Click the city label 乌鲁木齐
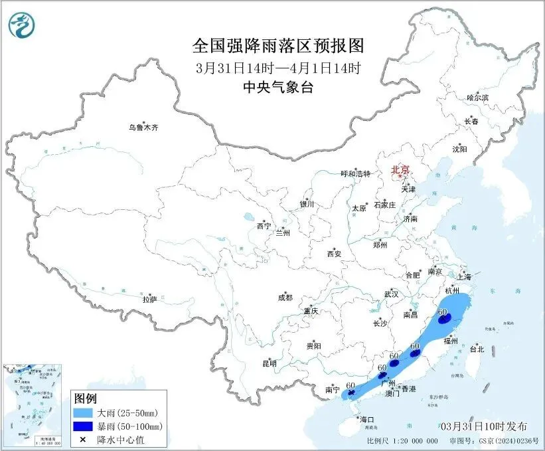pyautogui.click(x=144, y=128)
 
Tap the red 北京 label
pyautogui.click(x=401, y=169)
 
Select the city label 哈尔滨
pyautogui.click(x=477, y=98)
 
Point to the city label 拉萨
pyautogui.click(x=149, y=300)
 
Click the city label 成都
pyautogui.click(x=285, y=298)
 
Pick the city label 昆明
pyautogui.click(x=269, y=363)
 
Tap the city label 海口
pyautogui.click(x=366, y=420)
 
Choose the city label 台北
pyautogui.click(x=477, y=349)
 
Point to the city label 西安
pyautogui.click(x=334, y=254)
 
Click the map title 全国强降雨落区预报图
pyautogui.click(x=278, y=46)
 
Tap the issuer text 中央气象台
pyautogui.click(x=278, y=87)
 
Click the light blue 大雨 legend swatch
pyautogui.click(x=86, y=413)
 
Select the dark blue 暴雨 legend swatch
pyautogui.click(x=86, y=426)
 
